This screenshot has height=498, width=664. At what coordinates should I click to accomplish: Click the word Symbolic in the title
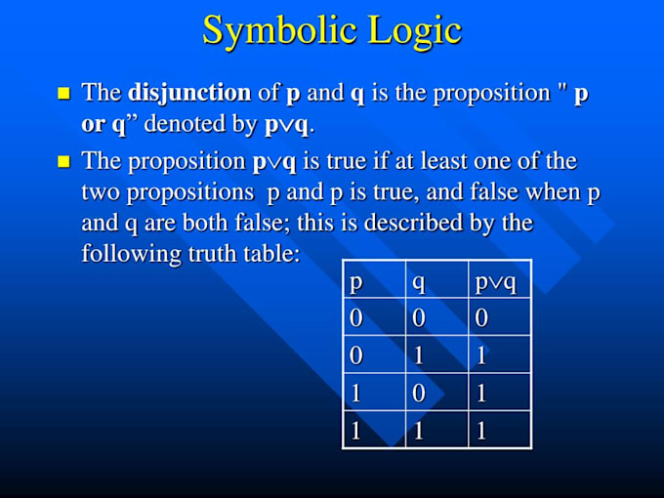pos(276,29)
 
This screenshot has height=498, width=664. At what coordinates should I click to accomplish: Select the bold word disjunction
pos(188,93)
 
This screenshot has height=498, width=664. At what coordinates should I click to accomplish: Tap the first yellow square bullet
pos(64,94)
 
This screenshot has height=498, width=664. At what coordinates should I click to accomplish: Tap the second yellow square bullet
pos(64,161)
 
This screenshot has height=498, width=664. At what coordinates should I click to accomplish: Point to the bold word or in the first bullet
pos(95,126)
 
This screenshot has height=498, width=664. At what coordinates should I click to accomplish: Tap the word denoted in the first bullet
pos(185,126)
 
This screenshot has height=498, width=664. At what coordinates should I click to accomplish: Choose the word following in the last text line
pos(123,253)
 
